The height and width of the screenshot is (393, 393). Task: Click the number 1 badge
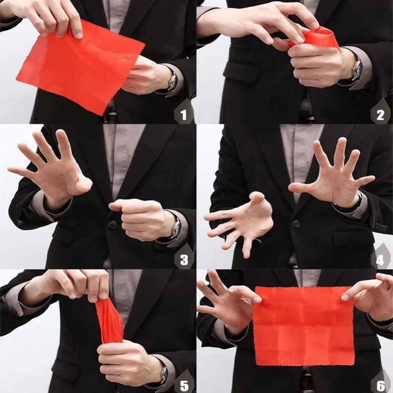point(183,114)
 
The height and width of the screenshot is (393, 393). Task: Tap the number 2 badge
point(380,114)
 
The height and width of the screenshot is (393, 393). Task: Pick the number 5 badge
point(184,385)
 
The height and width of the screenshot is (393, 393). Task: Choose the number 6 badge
point(381,385)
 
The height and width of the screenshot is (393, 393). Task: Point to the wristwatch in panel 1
point(172,81)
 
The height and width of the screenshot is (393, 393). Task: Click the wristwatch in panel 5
point(164,373)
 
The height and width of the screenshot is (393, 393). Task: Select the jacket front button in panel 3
point(112,225)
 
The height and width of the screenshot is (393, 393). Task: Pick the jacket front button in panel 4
point(296,224)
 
